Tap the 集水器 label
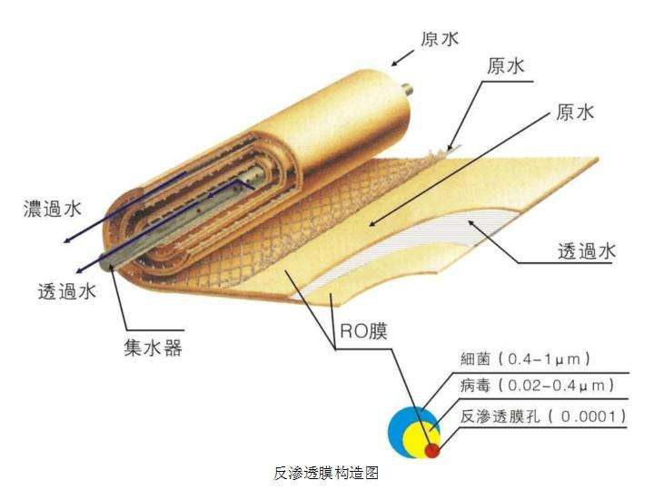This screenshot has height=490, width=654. tap(153, 347)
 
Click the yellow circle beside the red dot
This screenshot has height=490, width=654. tap(420, 434)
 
